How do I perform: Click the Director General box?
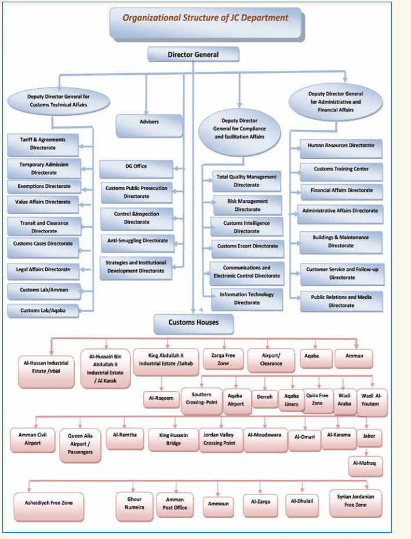pyautogui.click(x=193, y=54)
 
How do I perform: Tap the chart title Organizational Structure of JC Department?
pyautogui.click(x=205, y=19)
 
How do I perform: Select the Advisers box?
pyautogui.click(x=149, y=122)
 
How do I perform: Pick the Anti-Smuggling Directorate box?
pyautogui.click(x=137, y=240)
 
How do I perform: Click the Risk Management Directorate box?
pyautogui.click(x=247, y=205)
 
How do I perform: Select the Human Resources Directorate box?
pyautogui.click(x=341, y=146)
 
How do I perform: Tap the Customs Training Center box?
pyautogui.click(x=341, y=169)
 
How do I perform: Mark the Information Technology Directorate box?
pyautogui.click(x=246, y=298)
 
